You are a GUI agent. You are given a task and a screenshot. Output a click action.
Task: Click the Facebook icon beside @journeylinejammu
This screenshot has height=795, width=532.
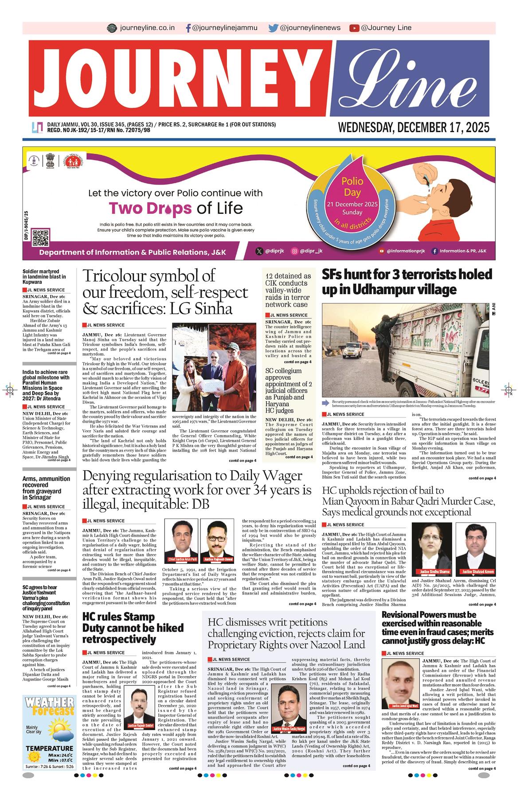tap(188, 28)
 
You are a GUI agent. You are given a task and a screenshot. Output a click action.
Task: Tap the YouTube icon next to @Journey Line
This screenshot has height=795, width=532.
tap(354, 28)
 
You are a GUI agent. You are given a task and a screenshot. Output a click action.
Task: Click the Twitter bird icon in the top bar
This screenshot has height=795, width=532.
tap(273, 28)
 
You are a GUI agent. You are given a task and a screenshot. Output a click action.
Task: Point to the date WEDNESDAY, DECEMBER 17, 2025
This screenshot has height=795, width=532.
tap(414, 128)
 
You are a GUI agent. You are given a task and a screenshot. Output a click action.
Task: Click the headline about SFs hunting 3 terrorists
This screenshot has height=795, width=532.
tap(407, 282)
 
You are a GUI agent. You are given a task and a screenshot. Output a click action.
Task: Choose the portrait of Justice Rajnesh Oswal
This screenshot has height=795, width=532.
tap(217, 540)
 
